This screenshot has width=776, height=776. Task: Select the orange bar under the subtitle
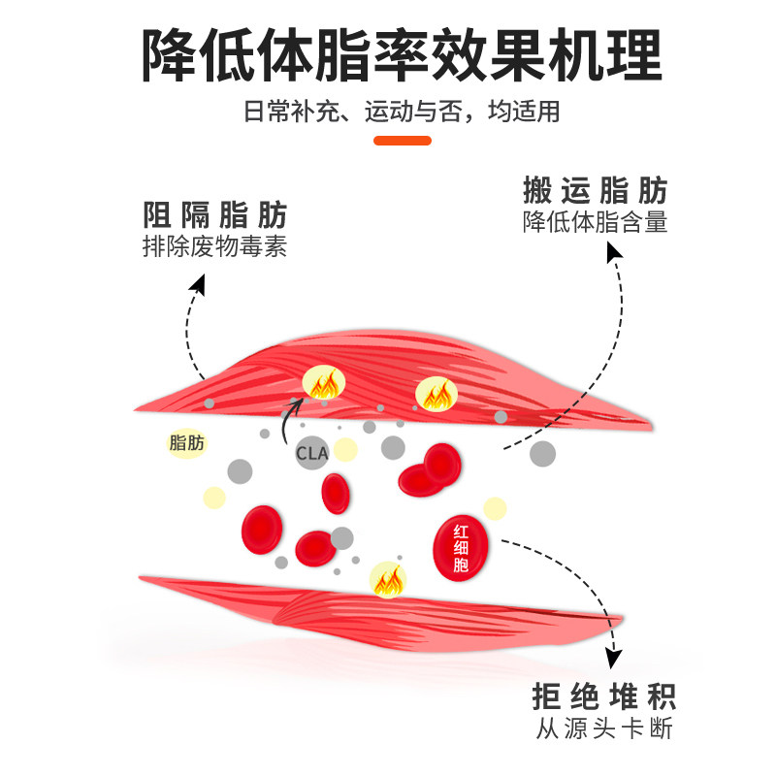(x=403, y=141)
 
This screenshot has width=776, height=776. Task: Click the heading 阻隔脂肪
(x=215, y=214)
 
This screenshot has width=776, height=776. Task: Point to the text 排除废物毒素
(x=215, y=246)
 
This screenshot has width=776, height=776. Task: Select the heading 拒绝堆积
(x=603, y=696)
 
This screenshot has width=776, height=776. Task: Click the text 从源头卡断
(x=603, y=729)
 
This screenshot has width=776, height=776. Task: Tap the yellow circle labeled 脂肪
(x=187, y=443)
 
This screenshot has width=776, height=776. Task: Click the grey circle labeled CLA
(x=312, y=453)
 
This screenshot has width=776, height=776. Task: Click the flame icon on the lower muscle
(x=389, y=580)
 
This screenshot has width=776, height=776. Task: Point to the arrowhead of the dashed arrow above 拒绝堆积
(x=613, y=661)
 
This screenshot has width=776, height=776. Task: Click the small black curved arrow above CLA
(x=289, y=413)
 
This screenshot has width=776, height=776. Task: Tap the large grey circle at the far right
(x=543, y=453)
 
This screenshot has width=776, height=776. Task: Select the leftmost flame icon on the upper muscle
(x=321, y=385)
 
